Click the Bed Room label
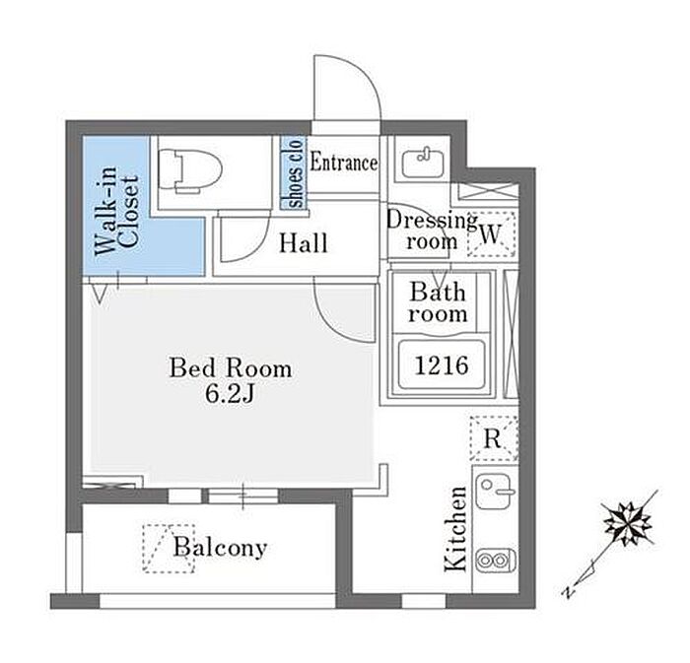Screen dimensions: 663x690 [231, 368]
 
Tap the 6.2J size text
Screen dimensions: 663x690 [231, 394]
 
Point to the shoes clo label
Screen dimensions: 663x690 [295, 173]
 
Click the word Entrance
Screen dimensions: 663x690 [344, 164]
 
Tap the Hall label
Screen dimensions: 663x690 [303, 242]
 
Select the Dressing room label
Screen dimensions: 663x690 [431, 230]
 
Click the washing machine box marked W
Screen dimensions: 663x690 [491, 233]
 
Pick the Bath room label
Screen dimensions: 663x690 [439, 303]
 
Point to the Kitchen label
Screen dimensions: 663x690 [455, 529]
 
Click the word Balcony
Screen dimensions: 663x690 [220, 548]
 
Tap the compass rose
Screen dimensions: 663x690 [625, 523]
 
